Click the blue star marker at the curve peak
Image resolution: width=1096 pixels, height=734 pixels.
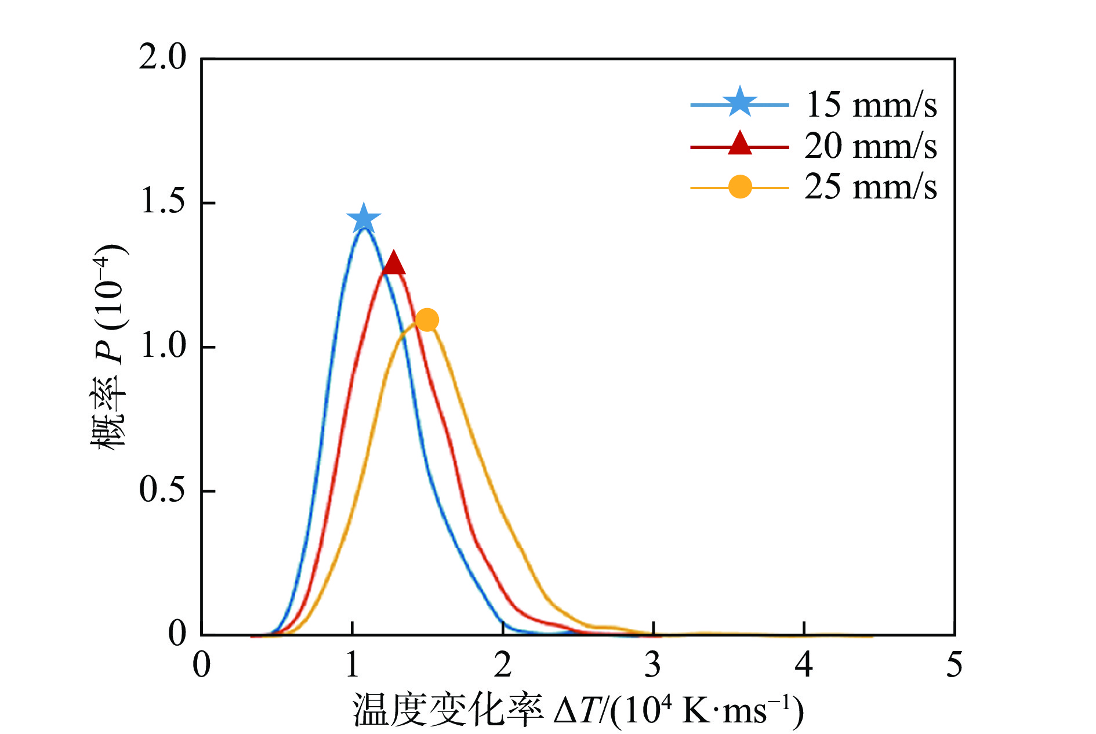[364, 219]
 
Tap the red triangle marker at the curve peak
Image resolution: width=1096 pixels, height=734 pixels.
[394, 263]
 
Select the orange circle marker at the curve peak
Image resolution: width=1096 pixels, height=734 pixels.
[427, 320]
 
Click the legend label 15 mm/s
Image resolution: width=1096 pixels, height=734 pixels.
[870, 105]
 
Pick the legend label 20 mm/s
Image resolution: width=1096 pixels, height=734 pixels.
[870, 146]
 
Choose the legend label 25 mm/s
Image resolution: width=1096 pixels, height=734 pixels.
[870, 187]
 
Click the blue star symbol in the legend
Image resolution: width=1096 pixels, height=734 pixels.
[740, 103]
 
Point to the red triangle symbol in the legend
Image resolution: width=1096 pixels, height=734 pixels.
[740, 144]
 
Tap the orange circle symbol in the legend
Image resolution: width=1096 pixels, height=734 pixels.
[740, 187]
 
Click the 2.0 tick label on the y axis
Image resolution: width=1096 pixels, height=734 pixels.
[162, 58]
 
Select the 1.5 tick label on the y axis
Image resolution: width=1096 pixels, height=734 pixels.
[162, 202]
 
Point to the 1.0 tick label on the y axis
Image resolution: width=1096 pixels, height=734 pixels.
[162, 346]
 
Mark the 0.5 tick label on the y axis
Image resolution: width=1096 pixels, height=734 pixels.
[162, 490]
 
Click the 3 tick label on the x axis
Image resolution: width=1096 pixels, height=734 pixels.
[653, 665]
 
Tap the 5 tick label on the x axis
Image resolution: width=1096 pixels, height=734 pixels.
[954, 665]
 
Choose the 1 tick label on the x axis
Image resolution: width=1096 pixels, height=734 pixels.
[352, 665]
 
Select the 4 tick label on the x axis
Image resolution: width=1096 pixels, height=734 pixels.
[804, 665]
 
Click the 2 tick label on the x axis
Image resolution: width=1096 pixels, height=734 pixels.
[503, 665]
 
